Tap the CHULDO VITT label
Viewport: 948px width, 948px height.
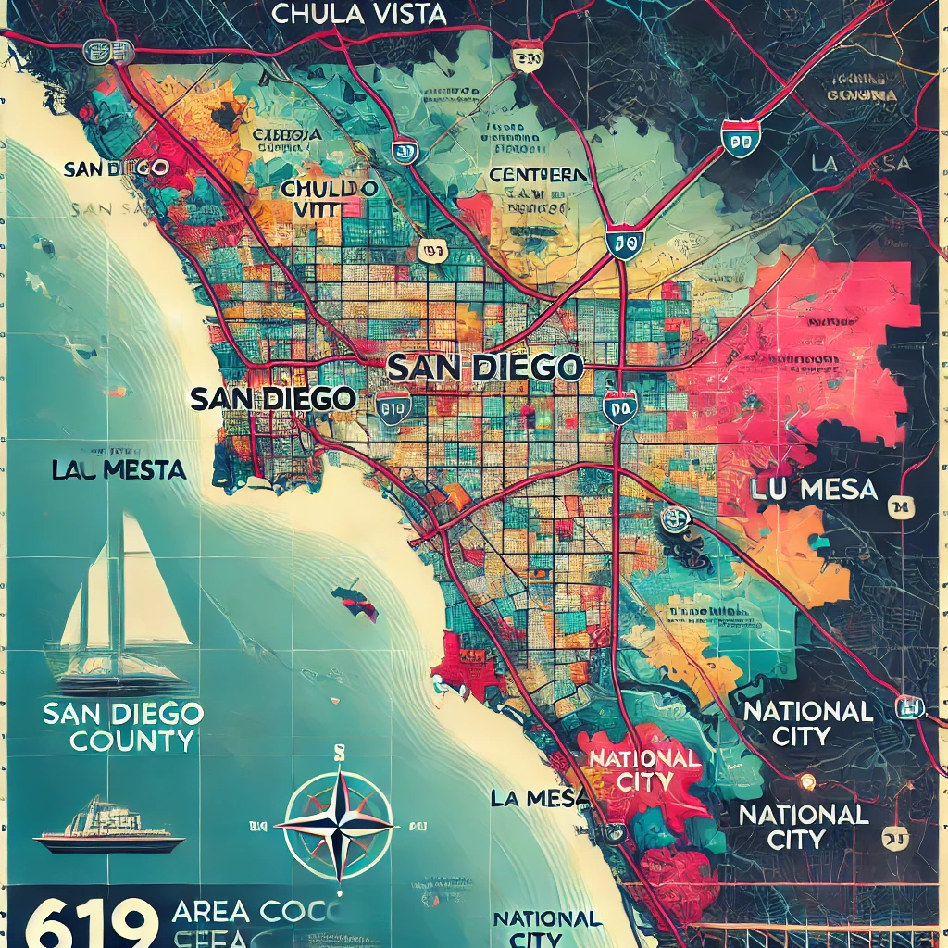331,199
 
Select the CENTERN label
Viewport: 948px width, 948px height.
538,175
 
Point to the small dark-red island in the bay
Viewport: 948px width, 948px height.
355,600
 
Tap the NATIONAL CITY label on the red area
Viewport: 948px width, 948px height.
644,769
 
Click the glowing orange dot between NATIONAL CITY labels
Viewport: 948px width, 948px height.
807,780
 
